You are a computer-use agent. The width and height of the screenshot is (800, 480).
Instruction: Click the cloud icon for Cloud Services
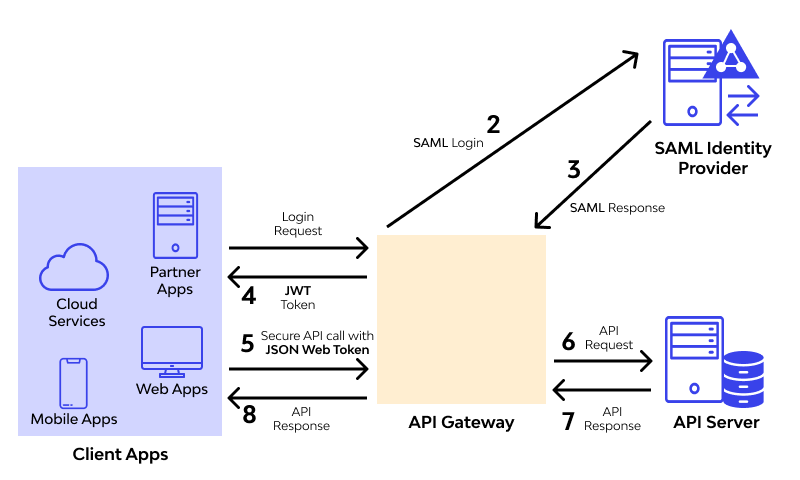coord(73,269)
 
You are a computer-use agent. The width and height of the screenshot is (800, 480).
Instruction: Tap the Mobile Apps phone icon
coord(74,383)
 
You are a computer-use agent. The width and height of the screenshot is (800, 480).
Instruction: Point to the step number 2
coord(493,125)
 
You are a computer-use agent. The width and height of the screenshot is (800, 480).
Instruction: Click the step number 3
coord(573,169)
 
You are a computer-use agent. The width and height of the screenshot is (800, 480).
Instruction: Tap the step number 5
coord(248,343)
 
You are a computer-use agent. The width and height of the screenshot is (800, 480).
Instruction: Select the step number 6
coord(568,341)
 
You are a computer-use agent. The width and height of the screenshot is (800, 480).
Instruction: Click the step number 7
coord(568,421)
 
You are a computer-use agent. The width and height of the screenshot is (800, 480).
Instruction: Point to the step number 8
coord(249,413)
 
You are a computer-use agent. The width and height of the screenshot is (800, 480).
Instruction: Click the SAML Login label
coord(448,143)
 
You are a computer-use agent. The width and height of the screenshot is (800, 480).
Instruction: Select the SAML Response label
coord(617,208)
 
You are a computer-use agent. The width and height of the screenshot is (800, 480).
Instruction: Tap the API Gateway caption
coord(461,422)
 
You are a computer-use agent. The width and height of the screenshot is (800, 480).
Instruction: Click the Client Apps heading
coord(120,454)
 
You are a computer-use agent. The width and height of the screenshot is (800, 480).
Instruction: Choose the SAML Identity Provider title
coord(712,158)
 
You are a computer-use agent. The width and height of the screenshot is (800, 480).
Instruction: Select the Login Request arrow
coord(299,247)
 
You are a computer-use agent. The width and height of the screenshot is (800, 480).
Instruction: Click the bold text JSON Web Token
coord(318,350)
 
